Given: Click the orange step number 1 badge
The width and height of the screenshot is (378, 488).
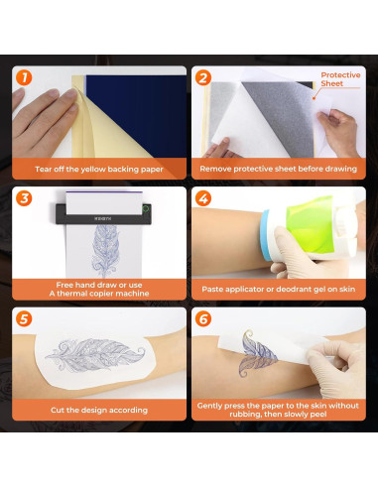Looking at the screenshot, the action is pos(24,77).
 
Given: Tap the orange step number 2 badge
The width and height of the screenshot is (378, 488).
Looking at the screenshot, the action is pos(203,77).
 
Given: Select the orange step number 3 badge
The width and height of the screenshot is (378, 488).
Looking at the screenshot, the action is pos(24,198).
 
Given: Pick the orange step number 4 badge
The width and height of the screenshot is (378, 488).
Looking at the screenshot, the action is pos(203,198).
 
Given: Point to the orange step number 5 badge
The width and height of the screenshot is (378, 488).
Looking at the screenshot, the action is pos(24,319).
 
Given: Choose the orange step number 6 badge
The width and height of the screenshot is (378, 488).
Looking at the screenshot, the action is pos(203,319).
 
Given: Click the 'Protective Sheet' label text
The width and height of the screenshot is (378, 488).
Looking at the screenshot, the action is pos(340,79).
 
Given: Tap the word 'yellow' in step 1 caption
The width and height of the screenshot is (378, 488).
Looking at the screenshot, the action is pos(93,170).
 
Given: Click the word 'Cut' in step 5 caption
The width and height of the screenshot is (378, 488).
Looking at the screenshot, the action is pos(58,410).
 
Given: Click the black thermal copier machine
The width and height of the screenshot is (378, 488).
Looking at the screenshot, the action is pos(103,213).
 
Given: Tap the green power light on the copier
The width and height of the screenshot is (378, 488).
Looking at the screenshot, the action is pos(146,209).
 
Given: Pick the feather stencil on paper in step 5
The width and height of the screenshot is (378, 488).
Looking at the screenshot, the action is pos(95,355).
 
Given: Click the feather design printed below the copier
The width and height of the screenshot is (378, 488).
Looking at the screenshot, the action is pos(105,251).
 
